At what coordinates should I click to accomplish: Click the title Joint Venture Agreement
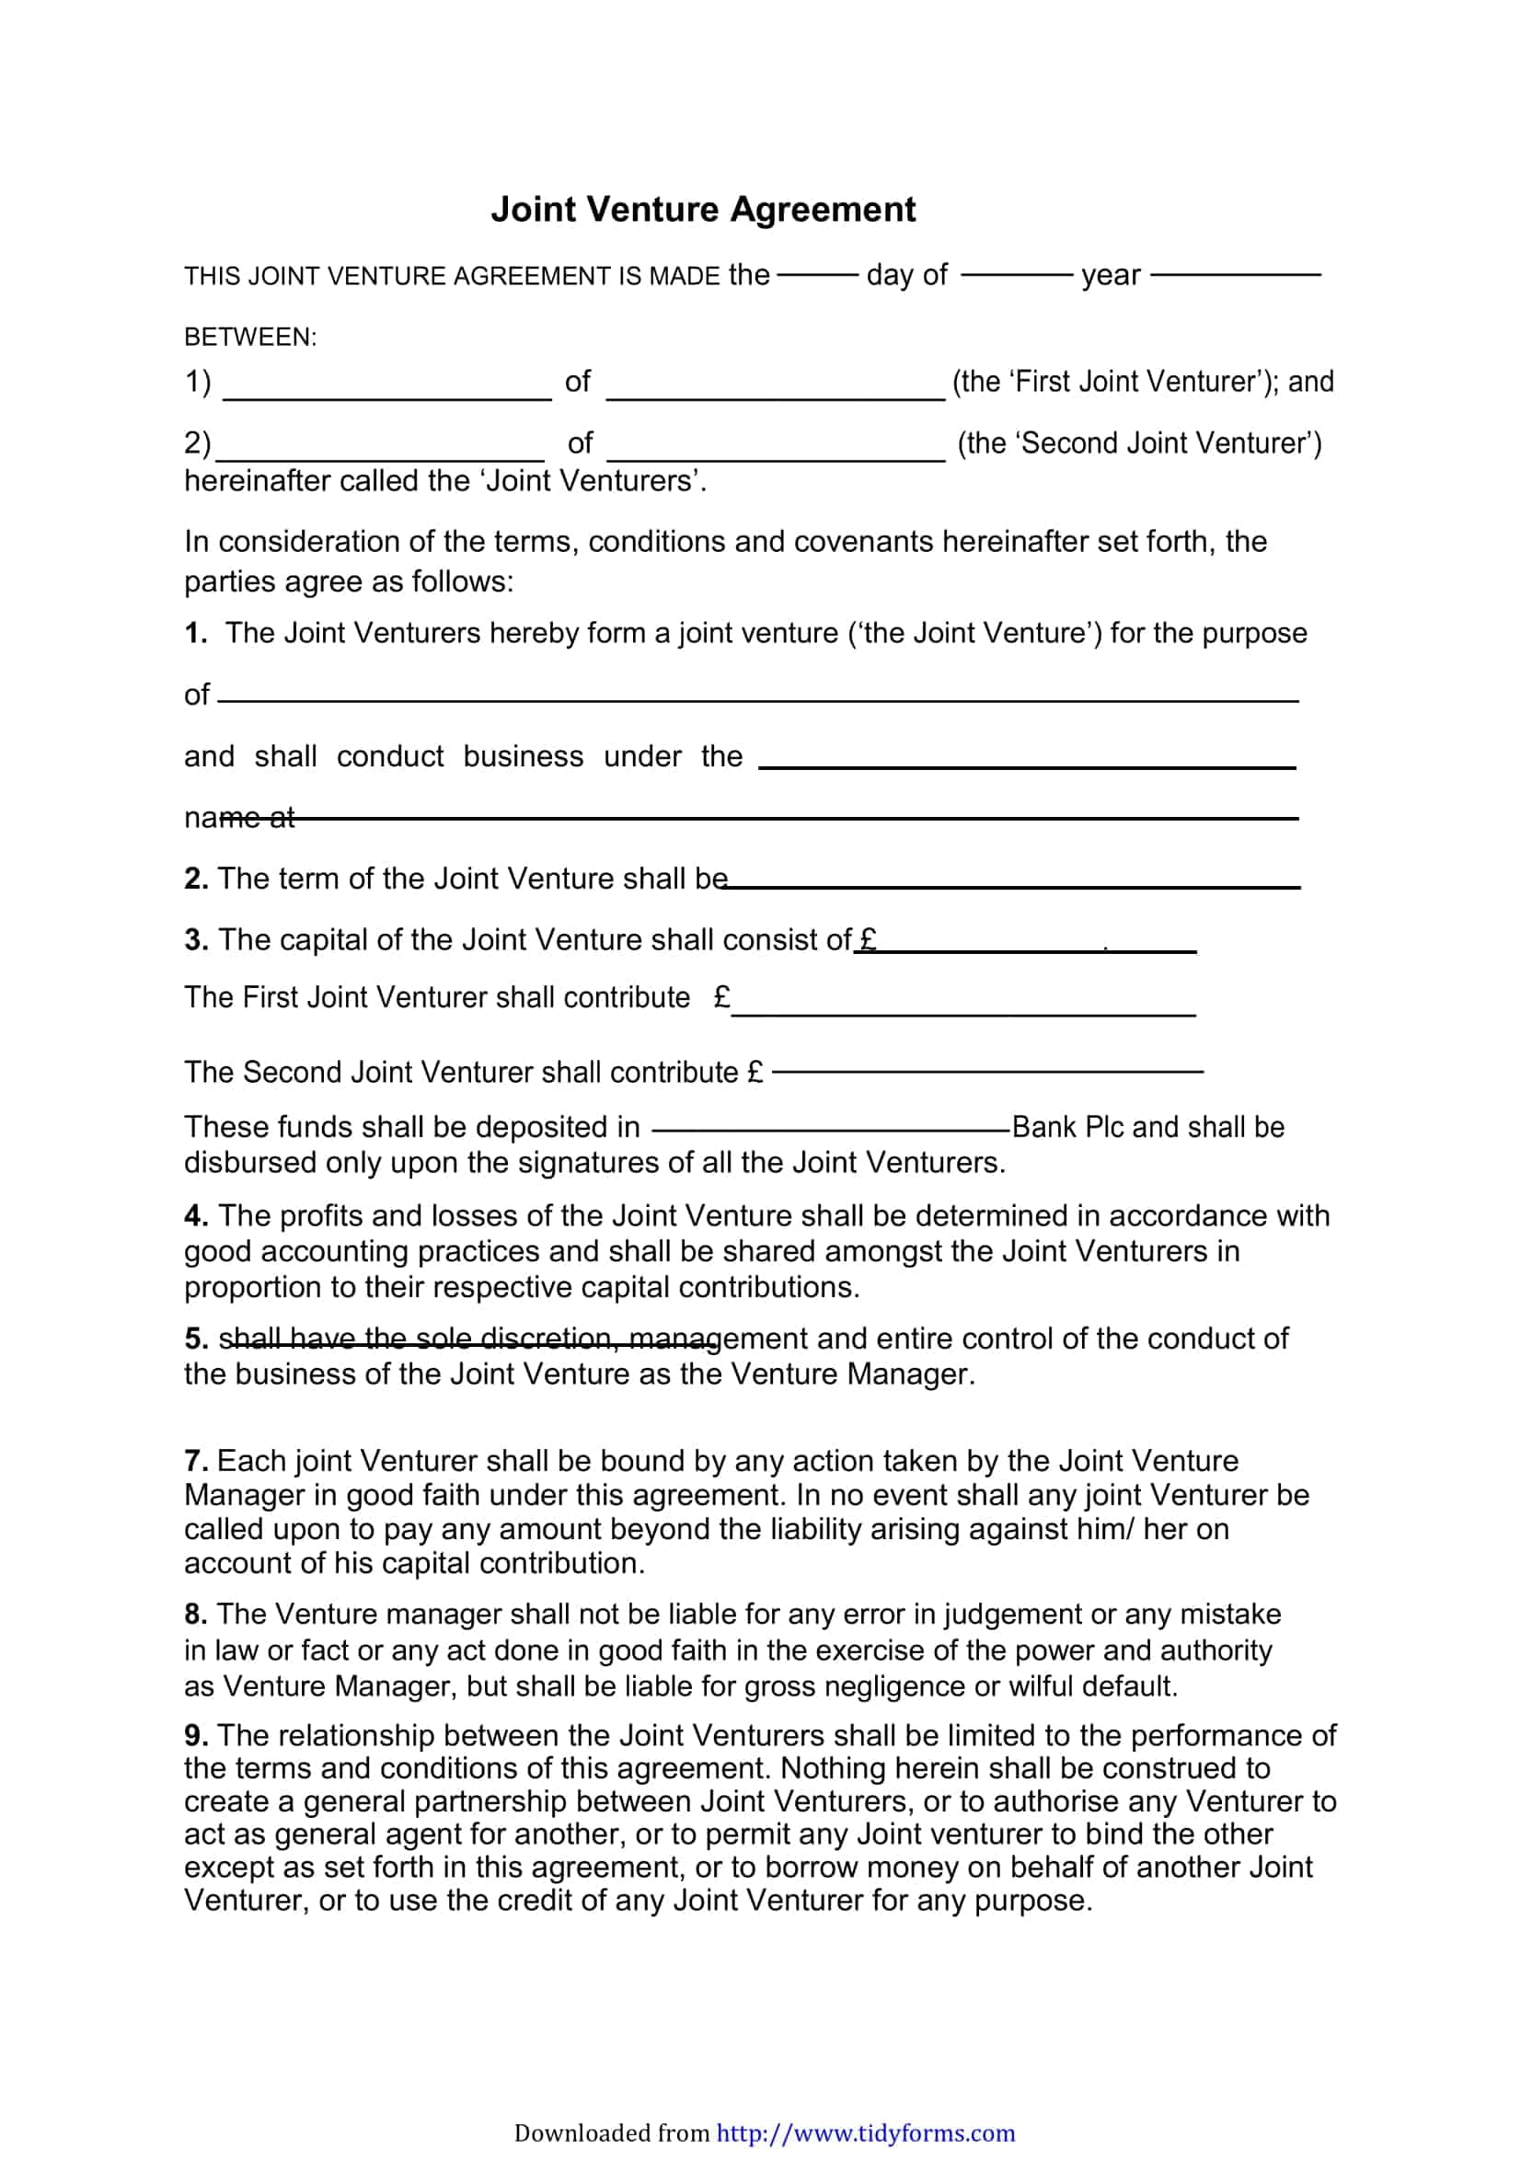click(x=702, y=209)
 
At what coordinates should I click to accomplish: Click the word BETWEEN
click(x=249, y=337)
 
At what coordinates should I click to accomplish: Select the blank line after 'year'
click(x=1235, y=275)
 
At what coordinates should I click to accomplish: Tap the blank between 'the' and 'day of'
click(x=817, y=275)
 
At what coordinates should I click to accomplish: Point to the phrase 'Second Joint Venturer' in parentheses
click(x=1139, y=443)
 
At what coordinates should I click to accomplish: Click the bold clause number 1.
click(x=195, y=633)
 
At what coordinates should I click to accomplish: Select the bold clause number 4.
click(x=195, y=1216)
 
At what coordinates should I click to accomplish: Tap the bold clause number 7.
click(x=195, y=1460)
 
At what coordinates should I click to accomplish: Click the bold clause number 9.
click(x=195, y=1735)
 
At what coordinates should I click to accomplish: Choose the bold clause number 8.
click(x=195, y=1614)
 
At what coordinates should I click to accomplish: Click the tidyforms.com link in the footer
click(x=865, y=2133)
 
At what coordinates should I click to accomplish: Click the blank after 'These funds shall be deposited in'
click(x=831, y=1129)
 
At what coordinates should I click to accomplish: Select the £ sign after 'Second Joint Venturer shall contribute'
click(x=755, y=1073)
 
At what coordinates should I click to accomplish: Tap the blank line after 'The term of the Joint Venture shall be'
click(x=1013, y=886)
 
